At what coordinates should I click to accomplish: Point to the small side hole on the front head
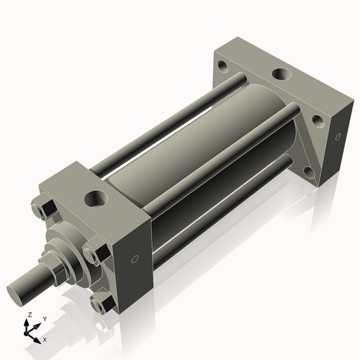point(135,259)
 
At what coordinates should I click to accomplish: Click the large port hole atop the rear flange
point(279,74)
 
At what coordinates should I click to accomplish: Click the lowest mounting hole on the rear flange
point(308,171)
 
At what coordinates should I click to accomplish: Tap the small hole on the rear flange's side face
point(337,136)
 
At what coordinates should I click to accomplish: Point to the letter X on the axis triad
point(45,338)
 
